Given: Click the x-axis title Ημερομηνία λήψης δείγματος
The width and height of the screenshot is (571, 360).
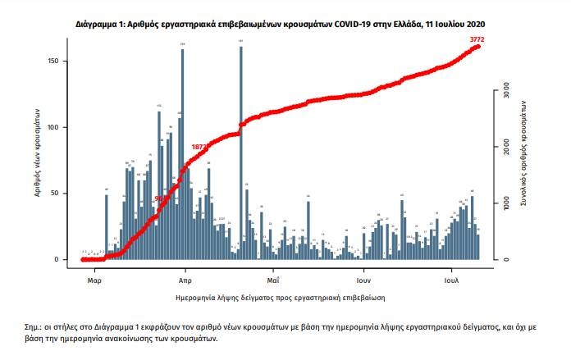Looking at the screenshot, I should pyautogui.click(x=280, y=295).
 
